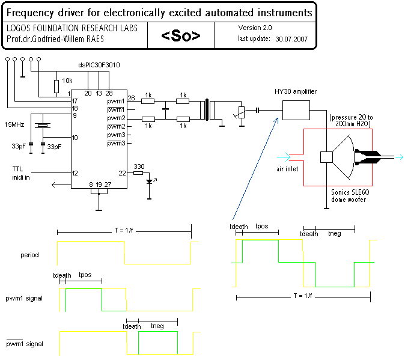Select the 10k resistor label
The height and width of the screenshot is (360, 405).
click(x=67, y=80)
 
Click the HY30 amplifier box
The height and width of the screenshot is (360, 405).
click(x=296, y=112)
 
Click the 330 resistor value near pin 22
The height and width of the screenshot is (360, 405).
click(x=139, y=166)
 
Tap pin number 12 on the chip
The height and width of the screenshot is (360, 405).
click(x=75, y=173)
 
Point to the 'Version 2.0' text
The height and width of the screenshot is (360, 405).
click(x=255, y=28)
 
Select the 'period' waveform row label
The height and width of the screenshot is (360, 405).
click(x=29, y=255)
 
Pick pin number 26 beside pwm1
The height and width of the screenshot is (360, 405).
click(x=131, y=99)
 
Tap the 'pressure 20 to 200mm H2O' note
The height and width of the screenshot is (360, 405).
click(x=350, y=120)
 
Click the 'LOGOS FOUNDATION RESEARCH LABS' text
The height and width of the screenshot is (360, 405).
click(x=72, y=28)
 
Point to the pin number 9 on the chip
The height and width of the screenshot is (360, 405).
click(x=75, y=115)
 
